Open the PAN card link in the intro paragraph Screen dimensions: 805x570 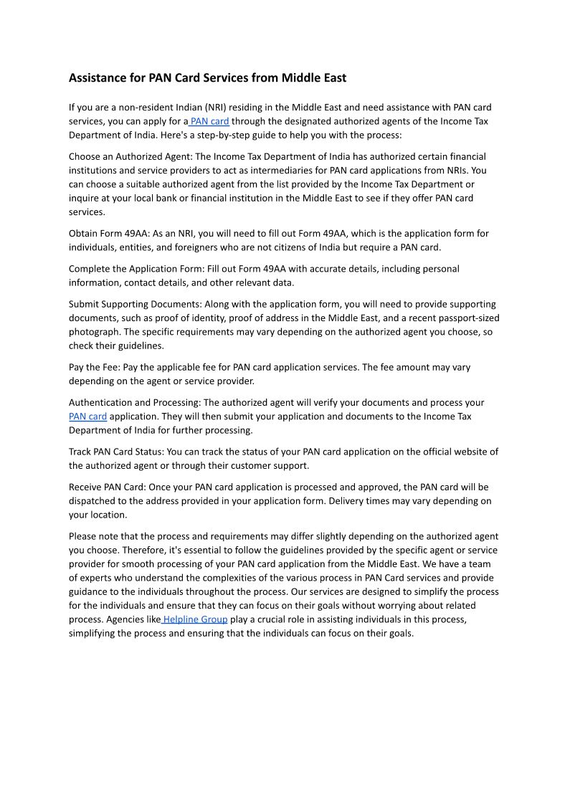tap(209, 121)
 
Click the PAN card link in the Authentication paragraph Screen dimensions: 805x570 tap(87, 416)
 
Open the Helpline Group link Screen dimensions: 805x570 tap(195, 619)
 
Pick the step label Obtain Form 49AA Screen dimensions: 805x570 tap(108, 234)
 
